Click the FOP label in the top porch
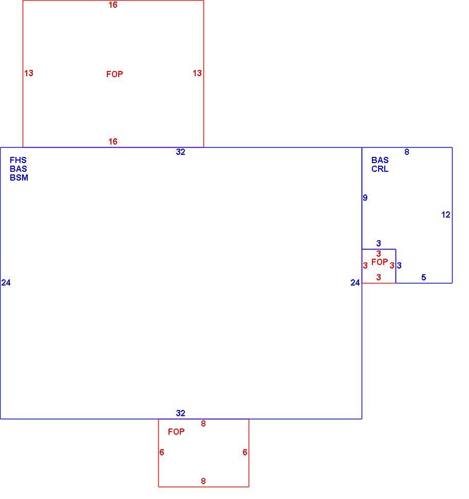pyautogui.click(x=115, y=74)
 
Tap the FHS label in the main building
pyautogui.click(x=18, y=160)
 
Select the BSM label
pyautogui.click(x=19, y=177)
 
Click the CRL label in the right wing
pyautogui.click(x=380, y=169)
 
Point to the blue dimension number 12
pyautogui.click(x=446, y=215)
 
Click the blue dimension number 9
pyautogui.click(x=365, y=198)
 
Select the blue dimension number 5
pyautogui.click(x=424, y=277)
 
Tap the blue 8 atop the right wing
pyautogui.click(x=407, y=152)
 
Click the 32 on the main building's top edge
pyautogui.click(x=180, y=152)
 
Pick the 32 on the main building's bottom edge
pyautogui.click(x=180, y=413)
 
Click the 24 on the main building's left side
pyautogui.click(x=6, y=282)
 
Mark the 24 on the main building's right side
pyautogui.click(x=355, y=282)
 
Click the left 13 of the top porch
pyautogui.click(x=29, y=73)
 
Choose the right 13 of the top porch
pyautogui.click(x=197, y=73)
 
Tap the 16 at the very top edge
pyautogui.click(x=113, y=5)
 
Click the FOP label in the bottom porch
pyautogui.click(x=176, y=432)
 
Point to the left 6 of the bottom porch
pyautogui.click(x=162, y=452)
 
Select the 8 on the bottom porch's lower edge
pyautogui.click(x=203, y=481)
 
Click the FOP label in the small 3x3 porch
pyautogui.click(x=380, y=262)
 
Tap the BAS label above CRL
pyautogui.click(x=380, y=160)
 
